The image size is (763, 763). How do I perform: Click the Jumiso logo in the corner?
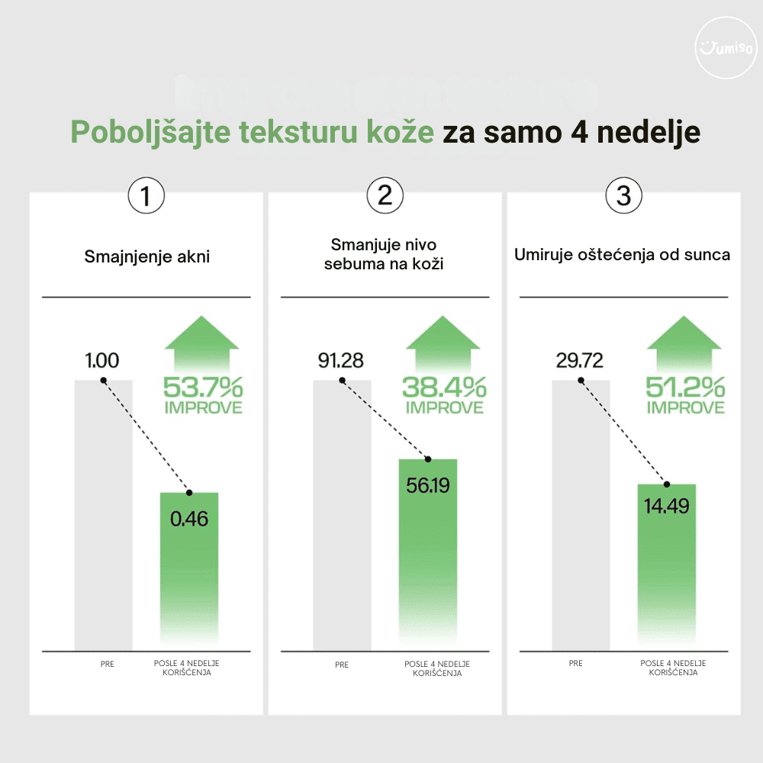click(x=726, y=48)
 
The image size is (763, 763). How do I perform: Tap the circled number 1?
click(x=146, y=196)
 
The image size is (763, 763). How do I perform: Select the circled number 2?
click(x=385, y=196)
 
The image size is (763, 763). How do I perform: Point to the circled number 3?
click(x=623, y=196)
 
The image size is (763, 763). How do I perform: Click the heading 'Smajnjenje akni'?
click(x=146, y=256)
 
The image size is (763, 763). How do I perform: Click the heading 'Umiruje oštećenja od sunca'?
click(x=623, y=254)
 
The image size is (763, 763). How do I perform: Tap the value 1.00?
click(x=102, y=361)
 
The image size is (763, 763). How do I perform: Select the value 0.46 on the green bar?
click(x=189, y=520)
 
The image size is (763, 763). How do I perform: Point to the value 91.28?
click(x=340, y=361)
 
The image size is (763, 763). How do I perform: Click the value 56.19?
click(x=428, y=485)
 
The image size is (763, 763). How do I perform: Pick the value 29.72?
click(x=579, y=361)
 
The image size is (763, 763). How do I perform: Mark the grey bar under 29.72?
click(x=581, y=519)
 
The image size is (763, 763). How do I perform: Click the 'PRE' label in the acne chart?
click(x=107, y=664)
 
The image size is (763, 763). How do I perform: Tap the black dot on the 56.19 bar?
click(x=428, y=459)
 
